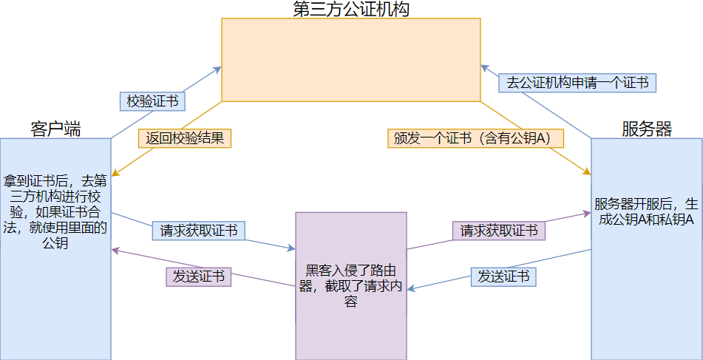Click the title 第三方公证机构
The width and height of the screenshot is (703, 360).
(351, 9)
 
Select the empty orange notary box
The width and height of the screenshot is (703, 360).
(351, 59)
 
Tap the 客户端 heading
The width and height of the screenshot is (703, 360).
(55, 129)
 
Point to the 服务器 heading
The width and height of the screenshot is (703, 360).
(647, 129)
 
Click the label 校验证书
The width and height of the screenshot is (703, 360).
(152, 101)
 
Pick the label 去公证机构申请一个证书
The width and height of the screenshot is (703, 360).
(577, 83)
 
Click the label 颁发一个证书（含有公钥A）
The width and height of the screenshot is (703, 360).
(475, 137)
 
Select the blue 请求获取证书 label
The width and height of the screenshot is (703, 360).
(199, 231)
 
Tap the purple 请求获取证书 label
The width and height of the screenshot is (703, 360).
(499, 231)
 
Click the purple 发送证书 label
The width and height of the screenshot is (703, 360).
(199, 276)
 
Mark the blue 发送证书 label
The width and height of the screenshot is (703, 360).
(503, 276)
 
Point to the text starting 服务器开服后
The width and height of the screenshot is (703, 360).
(647, 212)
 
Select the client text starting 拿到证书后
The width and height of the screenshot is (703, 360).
(55, 211)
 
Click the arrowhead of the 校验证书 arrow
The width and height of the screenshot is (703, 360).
(220, 68)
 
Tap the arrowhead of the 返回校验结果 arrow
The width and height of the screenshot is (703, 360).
(114, 175)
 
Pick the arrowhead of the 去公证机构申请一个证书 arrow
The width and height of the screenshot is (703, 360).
(483, 65)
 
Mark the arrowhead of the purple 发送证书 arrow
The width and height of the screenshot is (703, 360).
(114, 250)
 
